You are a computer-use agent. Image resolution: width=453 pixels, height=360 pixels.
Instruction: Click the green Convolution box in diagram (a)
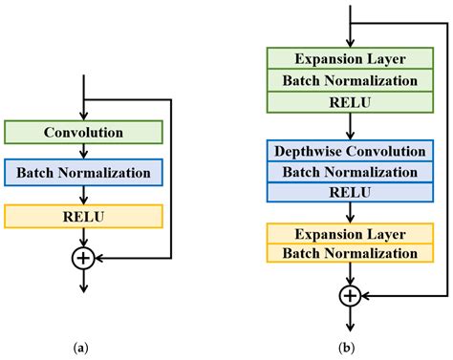pyautogui.click(x=84, y=131)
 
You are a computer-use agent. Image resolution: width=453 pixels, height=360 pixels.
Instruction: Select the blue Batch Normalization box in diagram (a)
pyautogui.click(x=84, y=173)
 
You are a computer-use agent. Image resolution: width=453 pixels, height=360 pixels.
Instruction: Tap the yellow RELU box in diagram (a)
pyautogui.click(x=84, y=216)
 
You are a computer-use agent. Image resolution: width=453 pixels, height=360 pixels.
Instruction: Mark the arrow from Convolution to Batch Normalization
pyautogui.click(x=85, y=151)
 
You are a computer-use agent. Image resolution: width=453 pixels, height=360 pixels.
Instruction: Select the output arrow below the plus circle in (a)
pyautogui.click(x=85, y=279)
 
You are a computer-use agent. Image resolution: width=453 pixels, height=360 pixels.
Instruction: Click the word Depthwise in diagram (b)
pyautogui.click(x=314, y=152)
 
